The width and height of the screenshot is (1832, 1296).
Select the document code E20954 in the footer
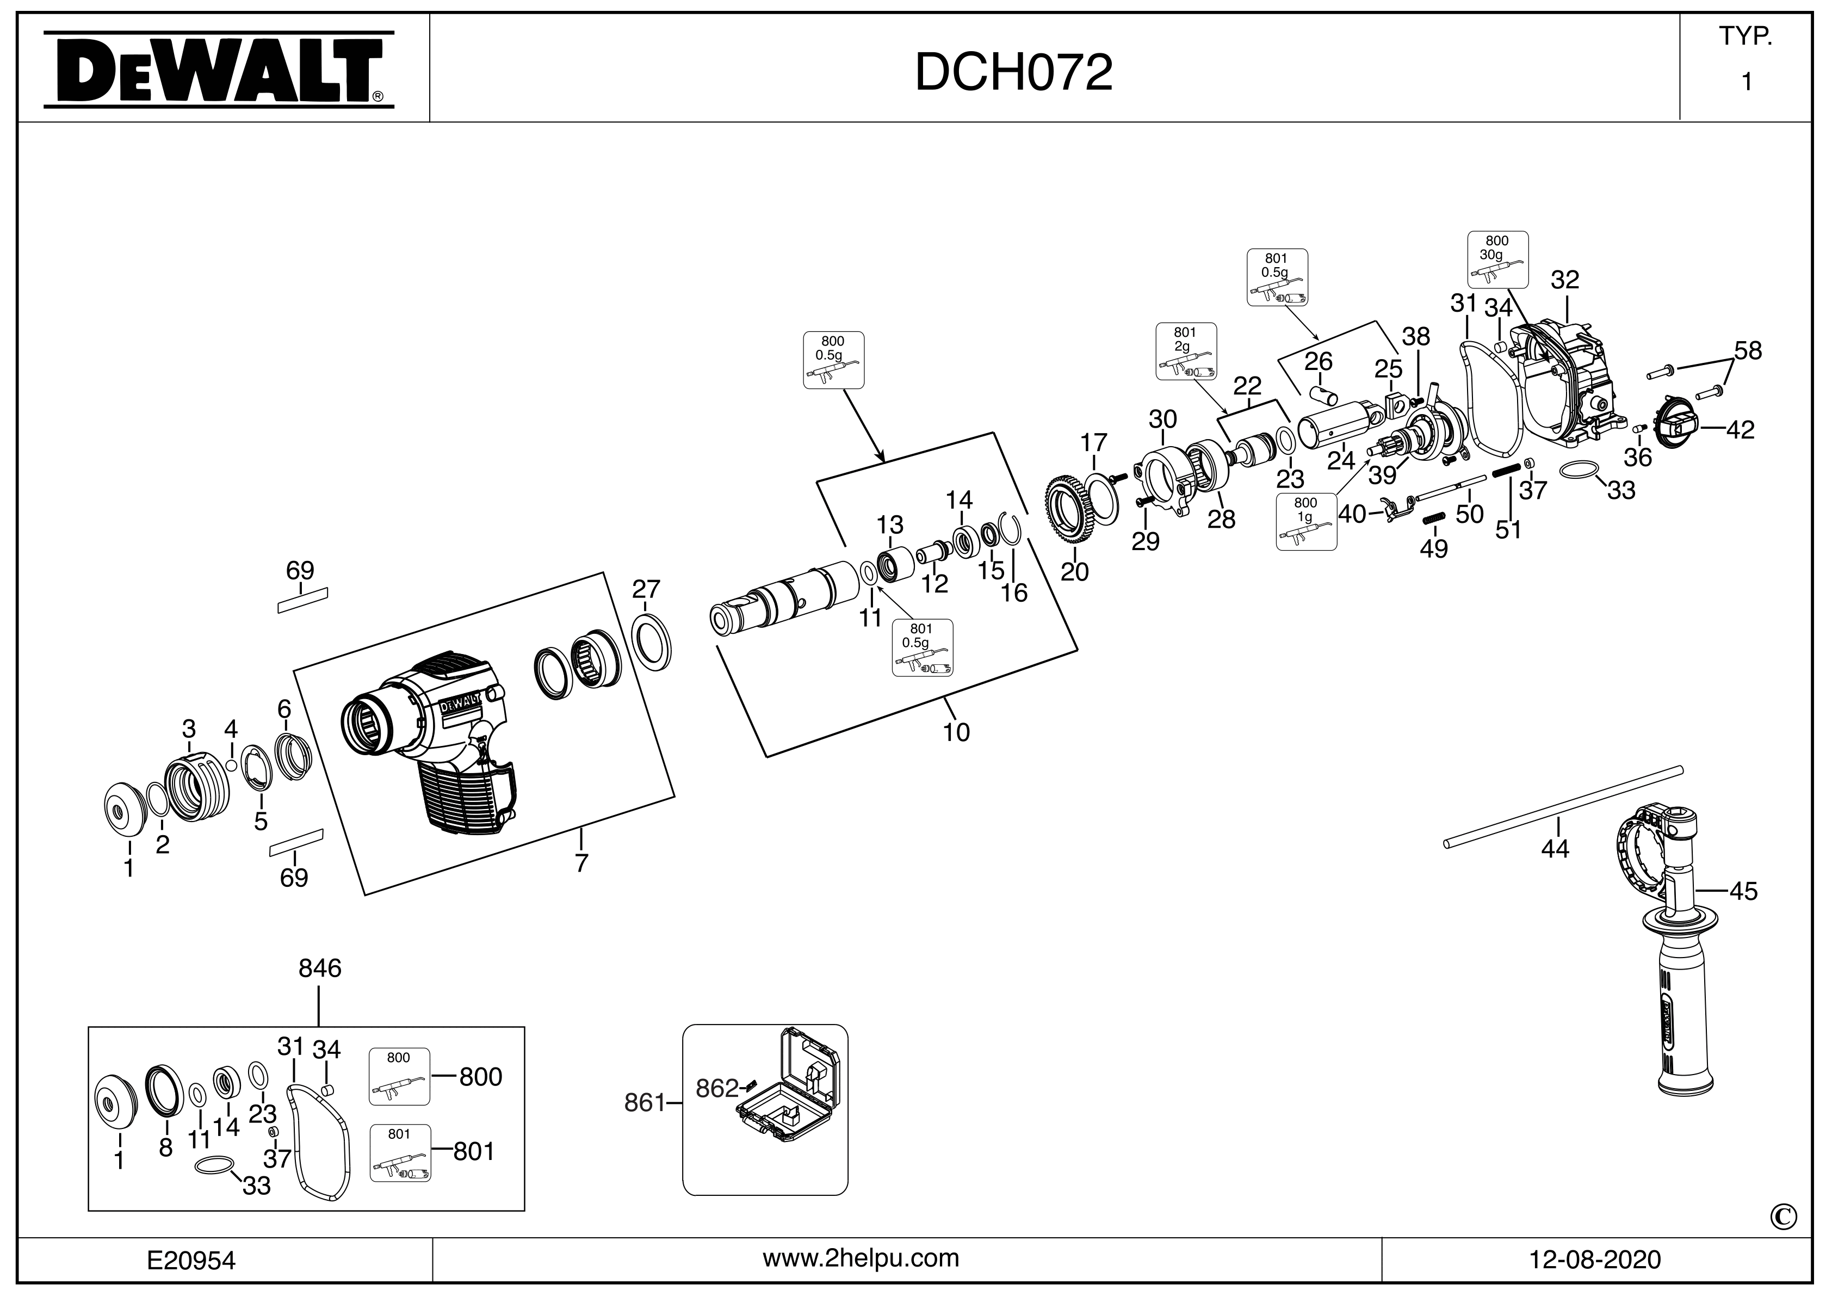(x=191, y=1260)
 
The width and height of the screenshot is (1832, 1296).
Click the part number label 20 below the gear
(x=1074, y=571)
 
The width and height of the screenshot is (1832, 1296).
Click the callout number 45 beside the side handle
(x=1743, y=891)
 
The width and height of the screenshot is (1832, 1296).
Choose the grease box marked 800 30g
(x=1497, y=260)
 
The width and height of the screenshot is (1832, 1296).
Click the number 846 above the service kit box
(x=319, y=968)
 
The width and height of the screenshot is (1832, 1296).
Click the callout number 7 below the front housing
(x=581, y=863)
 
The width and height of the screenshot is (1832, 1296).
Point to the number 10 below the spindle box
(x=956, y=732)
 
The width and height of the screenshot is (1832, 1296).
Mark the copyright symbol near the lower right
(x=1784, y=1217)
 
